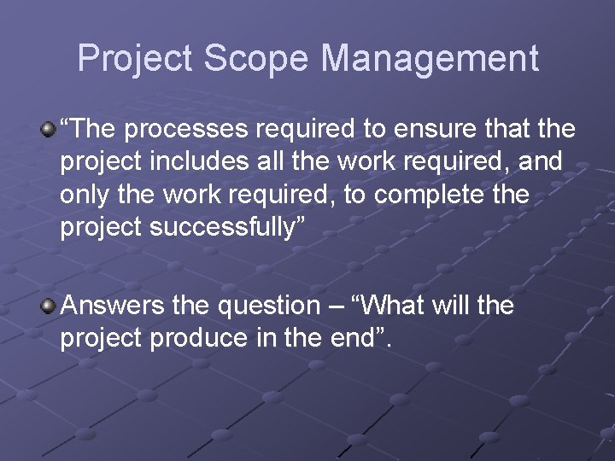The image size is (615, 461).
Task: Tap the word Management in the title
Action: pyautogui.click(x=430, y=59)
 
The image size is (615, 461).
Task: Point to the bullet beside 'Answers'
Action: pyautogui.click(x=49, y=306)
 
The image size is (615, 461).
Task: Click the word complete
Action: pyautogui.click(x=433, y=195)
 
